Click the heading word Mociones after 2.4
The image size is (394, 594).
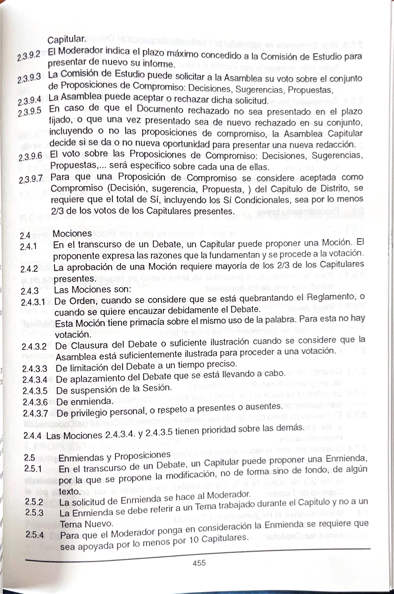pos(72,233)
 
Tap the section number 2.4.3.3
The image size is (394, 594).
pos(34,369)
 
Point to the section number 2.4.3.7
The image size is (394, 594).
pos(35,414)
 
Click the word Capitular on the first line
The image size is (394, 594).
pos(67,39)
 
